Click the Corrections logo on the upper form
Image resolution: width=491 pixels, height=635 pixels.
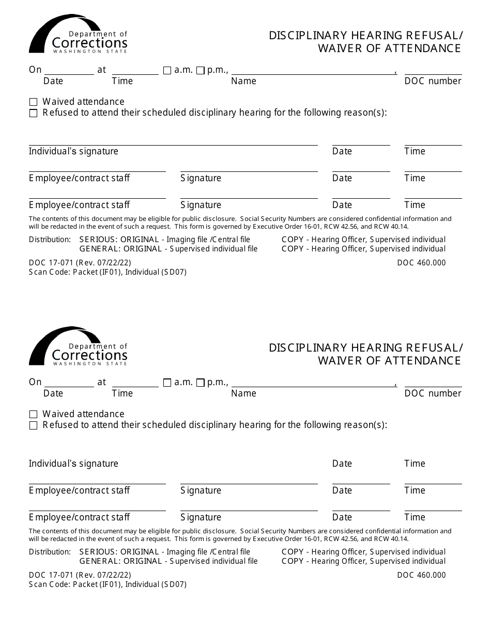point(78,35)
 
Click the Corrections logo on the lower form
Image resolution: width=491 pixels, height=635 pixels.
point(78,346)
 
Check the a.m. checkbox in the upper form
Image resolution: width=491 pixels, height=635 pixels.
point(167,71)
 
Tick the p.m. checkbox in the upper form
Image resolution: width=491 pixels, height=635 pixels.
point(201,71)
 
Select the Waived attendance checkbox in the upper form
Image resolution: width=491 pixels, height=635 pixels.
point(34,102)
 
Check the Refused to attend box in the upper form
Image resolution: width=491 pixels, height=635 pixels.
point(34,114)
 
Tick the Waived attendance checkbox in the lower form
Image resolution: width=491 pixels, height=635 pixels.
point(34,415)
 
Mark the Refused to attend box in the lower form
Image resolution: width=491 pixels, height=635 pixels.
point(34,426)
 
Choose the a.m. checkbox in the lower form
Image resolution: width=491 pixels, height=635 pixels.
point(167,383)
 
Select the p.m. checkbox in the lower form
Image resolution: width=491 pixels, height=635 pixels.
point(201,383)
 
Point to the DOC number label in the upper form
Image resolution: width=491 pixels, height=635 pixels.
point(433,81)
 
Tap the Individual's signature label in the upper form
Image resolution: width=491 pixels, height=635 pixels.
point(73,151)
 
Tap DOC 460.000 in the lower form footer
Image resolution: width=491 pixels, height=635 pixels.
point(421,575)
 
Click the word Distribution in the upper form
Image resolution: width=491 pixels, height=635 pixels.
point(50,240)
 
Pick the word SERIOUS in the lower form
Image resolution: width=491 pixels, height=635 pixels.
point(98,552)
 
